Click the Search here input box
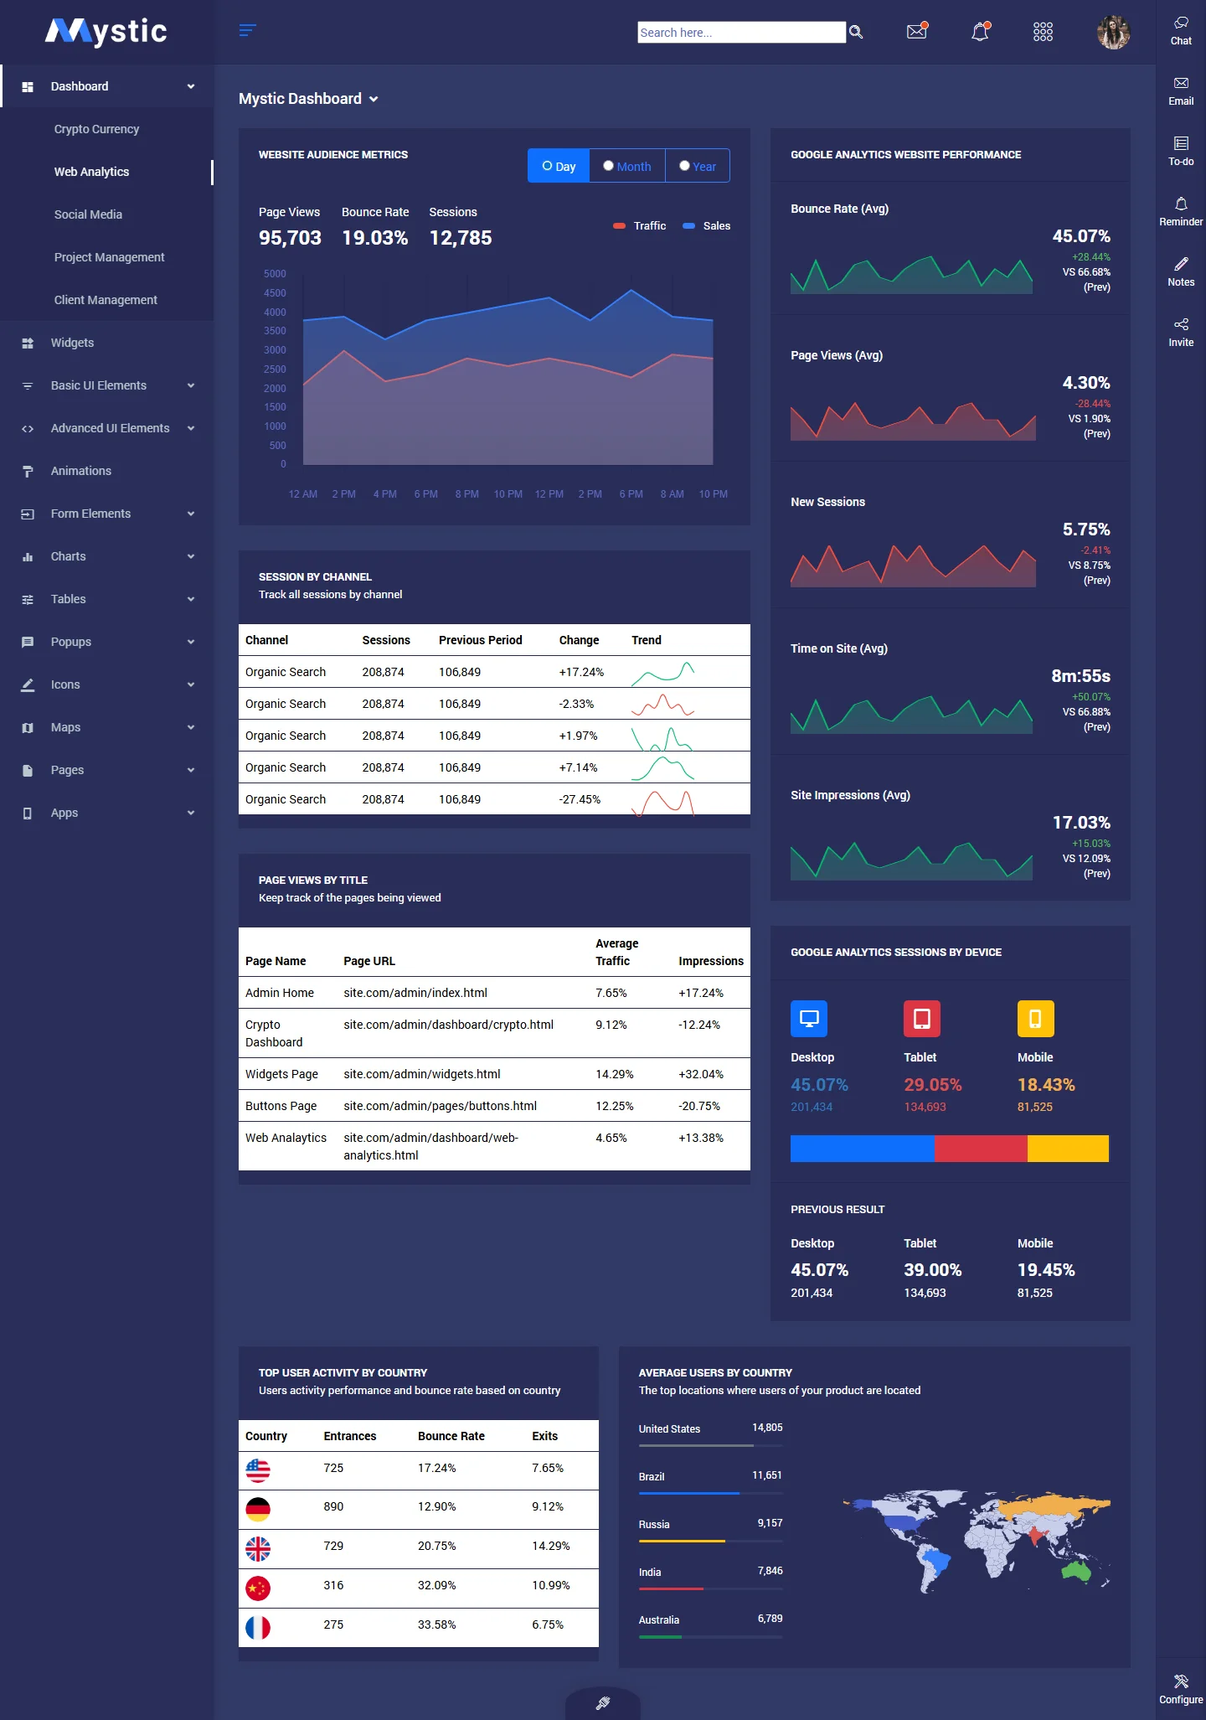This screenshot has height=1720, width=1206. [741, 33]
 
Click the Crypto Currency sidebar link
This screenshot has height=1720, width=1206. [96, 129]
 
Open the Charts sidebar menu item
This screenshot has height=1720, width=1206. [69, 556]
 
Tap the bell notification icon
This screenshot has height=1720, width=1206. [980, 32]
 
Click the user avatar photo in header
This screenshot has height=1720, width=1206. [1113, 33]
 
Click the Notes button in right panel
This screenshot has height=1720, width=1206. [1181, 271]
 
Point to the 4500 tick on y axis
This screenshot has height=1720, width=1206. [275, 293]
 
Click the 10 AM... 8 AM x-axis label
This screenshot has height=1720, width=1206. [672, 494]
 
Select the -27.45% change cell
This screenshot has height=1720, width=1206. [580, 799]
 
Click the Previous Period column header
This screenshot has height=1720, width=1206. [480, 640]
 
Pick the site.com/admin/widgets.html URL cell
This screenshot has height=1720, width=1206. [421, 1074]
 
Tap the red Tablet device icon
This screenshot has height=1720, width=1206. [921, 1019]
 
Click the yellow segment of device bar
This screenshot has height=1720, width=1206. [1068, 1149]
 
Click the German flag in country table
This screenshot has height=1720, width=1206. [258, 1509]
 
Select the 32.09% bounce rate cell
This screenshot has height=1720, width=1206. [436, 1585]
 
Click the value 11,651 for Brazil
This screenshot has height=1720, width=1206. [766, 1475]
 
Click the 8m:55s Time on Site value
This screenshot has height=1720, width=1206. [1080, 676]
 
